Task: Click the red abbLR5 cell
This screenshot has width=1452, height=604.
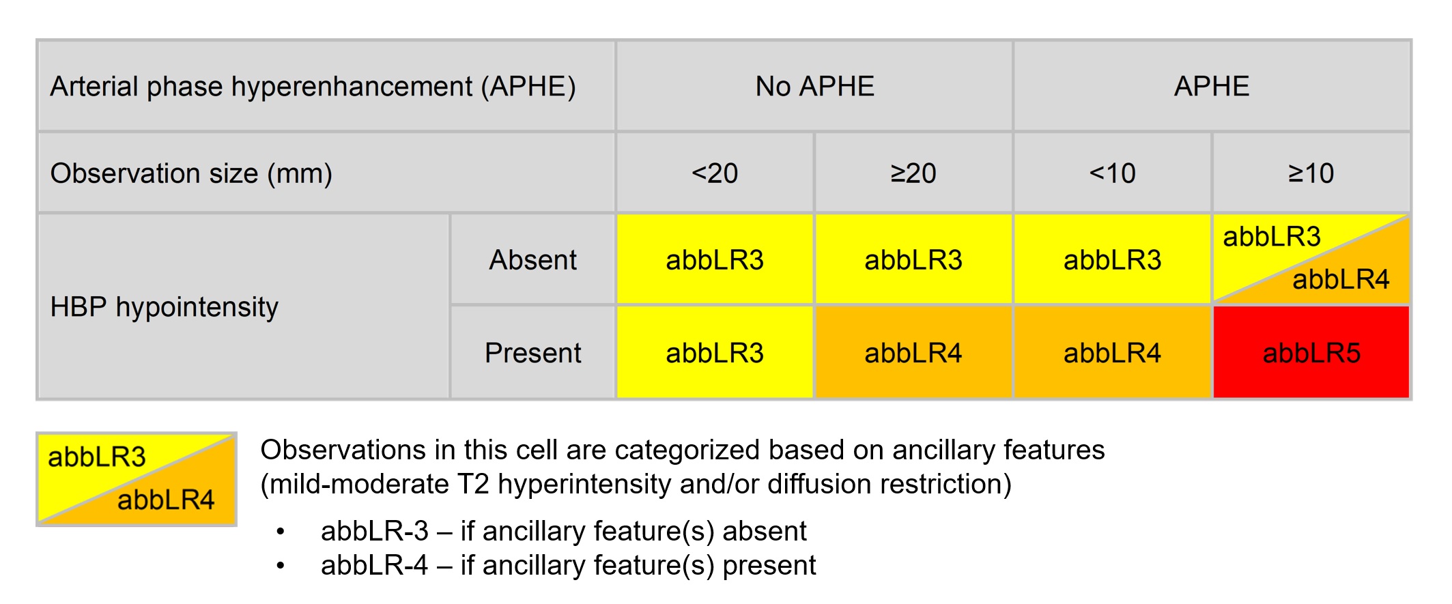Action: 1311,353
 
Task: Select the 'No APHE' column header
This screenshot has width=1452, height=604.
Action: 814,87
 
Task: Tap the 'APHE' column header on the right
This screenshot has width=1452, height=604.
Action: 1212,87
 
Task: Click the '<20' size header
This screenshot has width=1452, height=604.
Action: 715,173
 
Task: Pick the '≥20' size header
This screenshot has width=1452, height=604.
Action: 913,173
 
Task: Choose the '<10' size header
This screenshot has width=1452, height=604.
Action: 1112,173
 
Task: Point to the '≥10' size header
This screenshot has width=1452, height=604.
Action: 1311,173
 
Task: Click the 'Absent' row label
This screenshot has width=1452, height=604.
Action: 532,260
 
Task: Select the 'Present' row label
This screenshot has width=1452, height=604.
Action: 532,353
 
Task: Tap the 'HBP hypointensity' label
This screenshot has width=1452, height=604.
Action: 165,307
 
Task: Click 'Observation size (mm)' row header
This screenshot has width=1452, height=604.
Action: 191,173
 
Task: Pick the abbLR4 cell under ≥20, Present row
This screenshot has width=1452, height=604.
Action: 913,353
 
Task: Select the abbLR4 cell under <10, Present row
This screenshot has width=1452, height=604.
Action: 1112,353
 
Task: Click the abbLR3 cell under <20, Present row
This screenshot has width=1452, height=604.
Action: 715,353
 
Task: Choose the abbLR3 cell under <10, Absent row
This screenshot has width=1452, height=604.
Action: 1112,260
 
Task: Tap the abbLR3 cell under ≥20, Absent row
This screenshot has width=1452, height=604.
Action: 913,260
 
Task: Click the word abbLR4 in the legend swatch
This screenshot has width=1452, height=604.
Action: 166,500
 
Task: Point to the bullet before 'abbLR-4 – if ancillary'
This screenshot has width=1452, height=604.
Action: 280,566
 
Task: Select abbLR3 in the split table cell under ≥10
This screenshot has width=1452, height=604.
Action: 1272,237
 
